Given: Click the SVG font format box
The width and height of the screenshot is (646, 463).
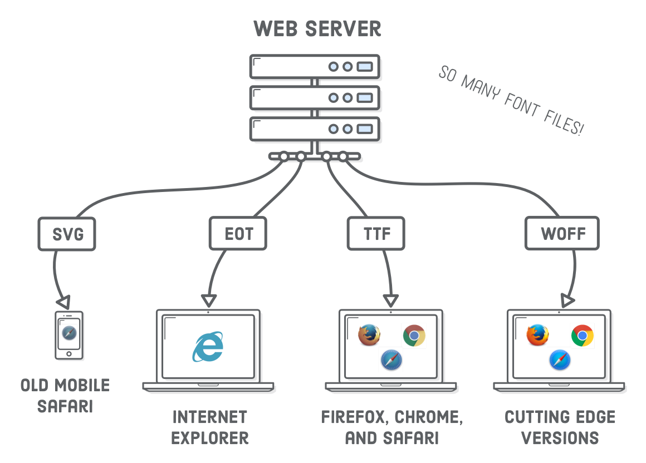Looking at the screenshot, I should coord(67,234).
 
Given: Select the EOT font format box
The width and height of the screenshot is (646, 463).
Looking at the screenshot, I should coord(238,233).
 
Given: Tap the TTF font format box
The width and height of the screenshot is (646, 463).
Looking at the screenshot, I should coord(376,233).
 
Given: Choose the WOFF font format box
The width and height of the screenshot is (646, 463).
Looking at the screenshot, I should coord(562,233).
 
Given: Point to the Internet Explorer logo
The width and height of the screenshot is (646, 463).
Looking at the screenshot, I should coord(208,347).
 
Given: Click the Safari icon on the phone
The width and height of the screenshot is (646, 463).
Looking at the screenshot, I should coord(69,333).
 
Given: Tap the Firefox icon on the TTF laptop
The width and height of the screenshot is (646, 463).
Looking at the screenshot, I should coord(369,335).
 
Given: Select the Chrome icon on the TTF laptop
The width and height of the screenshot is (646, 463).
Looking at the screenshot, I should coord(414,336).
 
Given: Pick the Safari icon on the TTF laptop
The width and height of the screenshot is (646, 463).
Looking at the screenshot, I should coord(391,360).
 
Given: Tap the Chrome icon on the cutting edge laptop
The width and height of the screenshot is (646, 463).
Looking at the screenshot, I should coord(582,336).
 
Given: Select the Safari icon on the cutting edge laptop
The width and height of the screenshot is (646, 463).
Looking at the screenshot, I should coord(560,360).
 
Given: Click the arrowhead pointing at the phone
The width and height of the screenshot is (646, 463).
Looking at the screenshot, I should coord(63,302).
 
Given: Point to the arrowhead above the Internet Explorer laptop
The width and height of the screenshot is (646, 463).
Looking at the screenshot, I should coord(209,301).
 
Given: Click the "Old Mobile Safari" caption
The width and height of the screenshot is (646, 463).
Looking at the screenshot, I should coord(65,396).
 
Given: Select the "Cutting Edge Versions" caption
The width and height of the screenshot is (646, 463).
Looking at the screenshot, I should coord(560,427).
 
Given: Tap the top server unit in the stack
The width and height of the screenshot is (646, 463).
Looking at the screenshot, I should coord(315,67).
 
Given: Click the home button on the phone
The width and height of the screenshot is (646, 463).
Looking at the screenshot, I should coord(69,353).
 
